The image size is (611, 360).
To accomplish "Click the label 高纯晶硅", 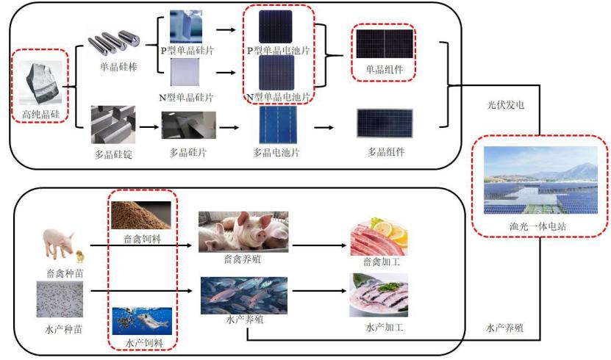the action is (41, 114).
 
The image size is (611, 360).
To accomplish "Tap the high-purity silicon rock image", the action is (40, 82).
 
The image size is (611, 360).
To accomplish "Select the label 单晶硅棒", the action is (119, 67).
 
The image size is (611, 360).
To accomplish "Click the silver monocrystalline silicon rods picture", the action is (114, 42).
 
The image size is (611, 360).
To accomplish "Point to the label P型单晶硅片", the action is (187, 51).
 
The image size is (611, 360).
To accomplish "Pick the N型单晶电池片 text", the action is (278, 97).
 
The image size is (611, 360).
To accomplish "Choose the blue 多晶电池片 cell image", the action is (278, 125).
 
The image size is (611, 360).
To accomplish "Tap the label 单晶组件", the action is (385, 69).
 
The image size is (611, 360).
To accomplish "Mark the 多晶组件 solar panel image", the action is (385, 123).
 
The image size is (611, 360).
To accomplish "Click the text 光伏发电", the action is (505, 104).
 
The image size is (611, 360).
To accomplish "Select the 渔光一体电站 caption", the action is (537, 226).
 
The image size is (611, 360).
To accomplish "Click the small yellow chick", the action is (80, 256).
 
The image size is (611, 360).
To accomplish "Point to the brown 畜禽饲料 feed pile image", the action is (141, 215).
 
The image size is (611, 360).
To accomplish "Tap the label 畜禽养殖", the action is (243, 259).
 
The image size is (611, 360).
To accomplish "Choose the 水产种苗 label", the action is (64, 329).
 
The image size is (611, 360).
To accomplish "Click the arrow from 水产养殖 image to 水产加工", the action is (319, 291).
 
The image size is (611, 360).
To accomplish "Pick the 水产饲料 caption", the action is (144, 343).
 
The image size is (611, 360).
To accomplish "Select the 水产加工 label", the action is (385, 328).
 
